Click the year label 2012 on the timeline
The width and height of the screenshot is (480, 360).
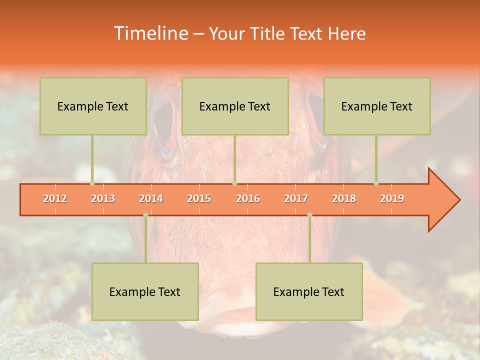(55, 198)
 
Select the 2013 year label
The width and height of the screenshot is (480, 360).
(103, 198)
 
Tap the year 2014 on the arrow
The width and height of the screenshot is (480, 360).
(151, 198)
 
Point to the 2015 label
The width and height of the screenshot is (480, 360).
(199, 198)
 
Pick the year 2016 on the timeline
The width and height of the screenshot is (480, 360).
(248, 198)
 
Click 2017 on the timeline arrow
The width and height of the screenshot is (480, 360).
(296, 198)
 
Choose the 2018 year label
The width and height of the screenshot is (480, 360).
(344, 198)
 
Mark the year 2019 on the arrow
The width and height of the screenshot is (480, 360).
(392, 198)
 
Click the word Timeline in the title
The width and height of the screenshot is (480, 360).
(150, 33)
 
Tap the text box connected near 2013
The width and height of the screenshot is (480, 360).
(93, 106)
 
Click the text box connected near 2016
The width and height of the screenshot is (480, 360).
(235, 106)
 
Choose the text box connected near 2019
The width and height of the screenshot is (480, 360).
(377, 106)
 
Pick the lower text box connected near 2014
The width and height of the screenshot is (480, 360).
(145, 291)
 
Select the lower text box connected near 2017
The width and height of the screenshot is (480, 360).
(309, 291)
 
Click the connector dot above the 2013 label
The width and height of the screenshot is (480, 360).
(92, 183)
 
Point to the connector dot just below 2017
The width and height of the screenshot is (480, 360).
(309, 215)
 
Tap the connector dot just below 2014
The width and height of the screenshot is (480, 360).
(145, 215)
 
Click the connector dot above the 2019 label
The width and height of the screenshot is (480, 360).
(376, 183)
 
